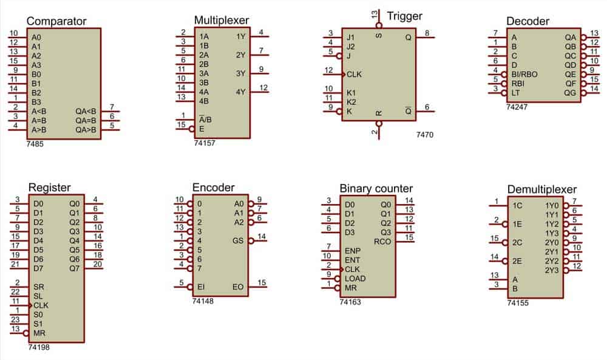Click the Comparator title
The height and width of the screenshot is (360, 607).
[56, 21]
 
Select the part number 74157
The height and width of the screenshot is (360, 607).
[205, 143]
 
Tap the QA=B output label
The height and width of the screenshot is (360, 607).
[86, 121]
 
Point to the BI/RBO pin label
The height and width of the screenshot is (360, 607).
[524, 74]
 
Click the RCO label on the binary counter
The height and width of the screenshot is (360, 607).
[382, 242]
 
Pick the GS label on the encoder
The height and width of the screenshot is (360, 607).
[238, 241]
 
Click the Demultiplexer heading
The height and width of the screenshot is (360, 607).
[541, 189]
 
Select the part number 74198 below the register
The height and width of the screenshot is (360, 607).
[39, 347]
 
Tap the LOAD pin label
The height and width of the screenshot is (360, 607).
[355, 279]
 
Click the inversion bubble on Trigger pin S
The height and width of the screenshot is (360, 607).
[379, 25]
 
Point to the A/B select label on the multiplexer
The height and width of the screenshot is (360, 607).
[205, 119]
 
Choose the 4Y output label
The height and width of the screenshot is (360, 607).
[240, 92]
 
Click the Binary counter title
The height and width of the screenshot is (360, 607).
[376, 189]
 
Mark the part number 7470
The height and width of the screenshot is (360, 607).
[425, 135]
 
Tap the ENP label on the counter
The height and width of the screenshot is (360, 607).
[352, 251]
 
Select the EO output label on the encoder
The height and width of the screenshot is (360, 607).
[238, 287]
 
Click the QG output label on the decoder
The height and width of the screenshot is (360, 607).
[570, 93]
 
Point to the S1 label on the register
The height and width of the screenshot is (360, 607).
[38, 324]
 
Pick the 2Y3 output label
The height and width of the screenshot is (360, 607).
[552, 270]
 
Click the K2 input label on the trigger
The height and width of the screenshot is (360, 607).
[351, 102]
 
